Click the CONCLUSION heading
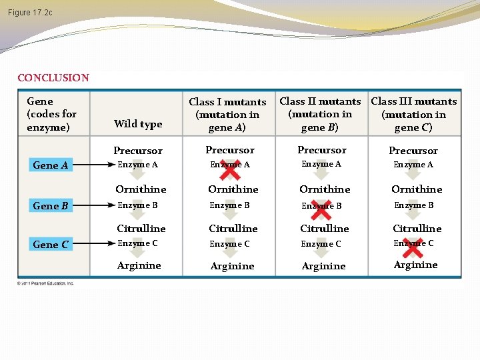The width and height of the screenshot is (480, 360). tap(53, 77)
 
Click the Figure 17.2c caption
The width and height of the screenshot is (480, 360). tap(30, 13)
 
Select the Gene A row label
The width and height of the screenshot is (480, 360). tap(51, 165)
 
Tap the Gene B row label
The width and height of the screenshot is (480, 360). tap(51, 206)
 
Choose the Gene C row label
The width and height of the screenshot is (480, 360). tap(51, 245)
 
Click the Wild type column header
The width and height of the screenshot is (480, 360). tap(138, 124)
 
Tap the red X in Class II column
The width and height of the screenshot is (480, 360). tap(321, 209)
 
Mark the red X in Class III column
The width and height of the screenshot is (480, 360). tap(413, 248)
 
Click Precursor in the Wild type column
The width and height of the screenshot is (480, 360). tap(138, 151)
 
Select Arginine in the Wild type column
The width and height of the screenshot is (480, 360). tap(139, 265)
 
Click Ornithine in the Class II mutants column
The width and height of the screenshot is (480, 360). tap(325, 189)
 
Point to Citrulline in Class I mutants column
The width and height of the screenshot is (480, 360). tap(233, 229)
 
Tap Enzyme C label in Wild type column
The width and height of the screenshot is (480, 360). tap(137, 243)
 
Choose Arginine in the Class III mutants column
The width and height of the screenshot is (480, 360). tap(415, 265)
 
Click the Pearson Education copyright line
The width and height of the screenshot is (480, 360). tap(46, 283)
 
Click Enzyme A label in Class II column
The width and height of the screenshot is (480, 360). tap(321, 164)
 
